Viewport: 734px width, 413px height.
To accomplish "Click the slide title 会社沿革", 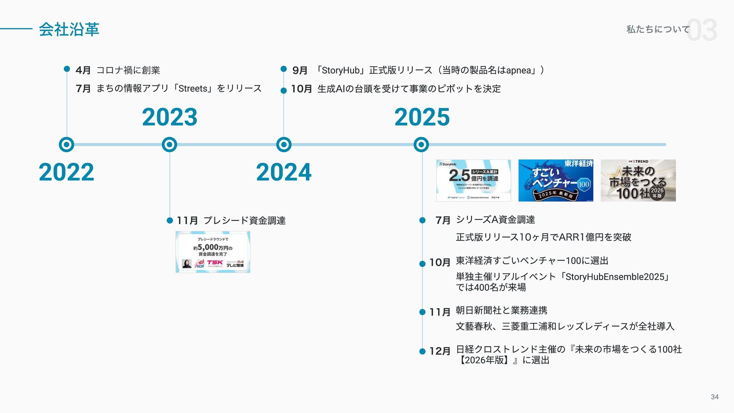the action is point(69,29).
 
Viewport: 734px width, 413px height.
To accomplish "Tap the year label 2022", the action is point(66,172).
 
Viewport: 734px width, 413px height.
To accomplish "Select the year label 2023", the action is point(169,117).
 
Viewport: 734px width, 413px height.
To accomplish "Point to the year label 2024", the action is point(284,172).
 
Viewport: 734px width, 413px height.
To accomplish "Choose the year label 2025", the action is point(422,117).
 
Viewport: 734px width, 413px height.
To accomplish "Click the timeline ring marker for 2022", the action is point(67,145).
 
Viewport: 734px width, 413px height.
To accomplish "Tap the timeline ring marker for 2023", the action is point(169,145).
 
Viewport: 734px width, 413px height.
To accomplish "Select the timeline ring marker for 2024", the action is point(284,145).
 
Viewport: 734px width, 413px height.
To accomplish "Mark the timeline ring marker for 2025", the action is point(421,145).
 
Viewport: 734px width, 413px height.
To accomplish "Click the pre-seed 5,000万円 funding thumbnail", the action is point(213,252).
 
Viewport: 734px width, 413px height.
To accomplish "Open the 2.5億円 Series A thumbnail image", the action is point(473,180).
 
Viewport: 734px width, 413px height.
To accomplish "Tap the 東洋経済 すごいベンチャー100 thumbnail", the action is point(556,180).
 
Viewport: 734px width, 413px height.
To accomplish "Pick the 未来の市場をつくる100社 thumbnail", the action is point(638,180).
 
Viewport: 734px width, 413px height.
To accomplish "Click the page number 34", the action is point(715,397).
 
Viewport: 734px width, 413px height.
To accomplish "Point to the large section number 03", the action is point(702,30).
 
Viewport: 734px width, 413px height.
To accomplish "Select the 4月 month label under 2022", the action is point(83,70).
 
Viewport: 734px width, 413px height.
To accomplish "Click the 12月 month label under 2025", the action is point(440,351).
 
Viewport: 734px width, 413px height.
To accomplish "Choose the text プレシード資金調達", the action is point(244,221).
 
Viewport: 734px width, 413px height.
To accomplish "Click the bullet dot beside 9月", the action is point(284,69).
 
